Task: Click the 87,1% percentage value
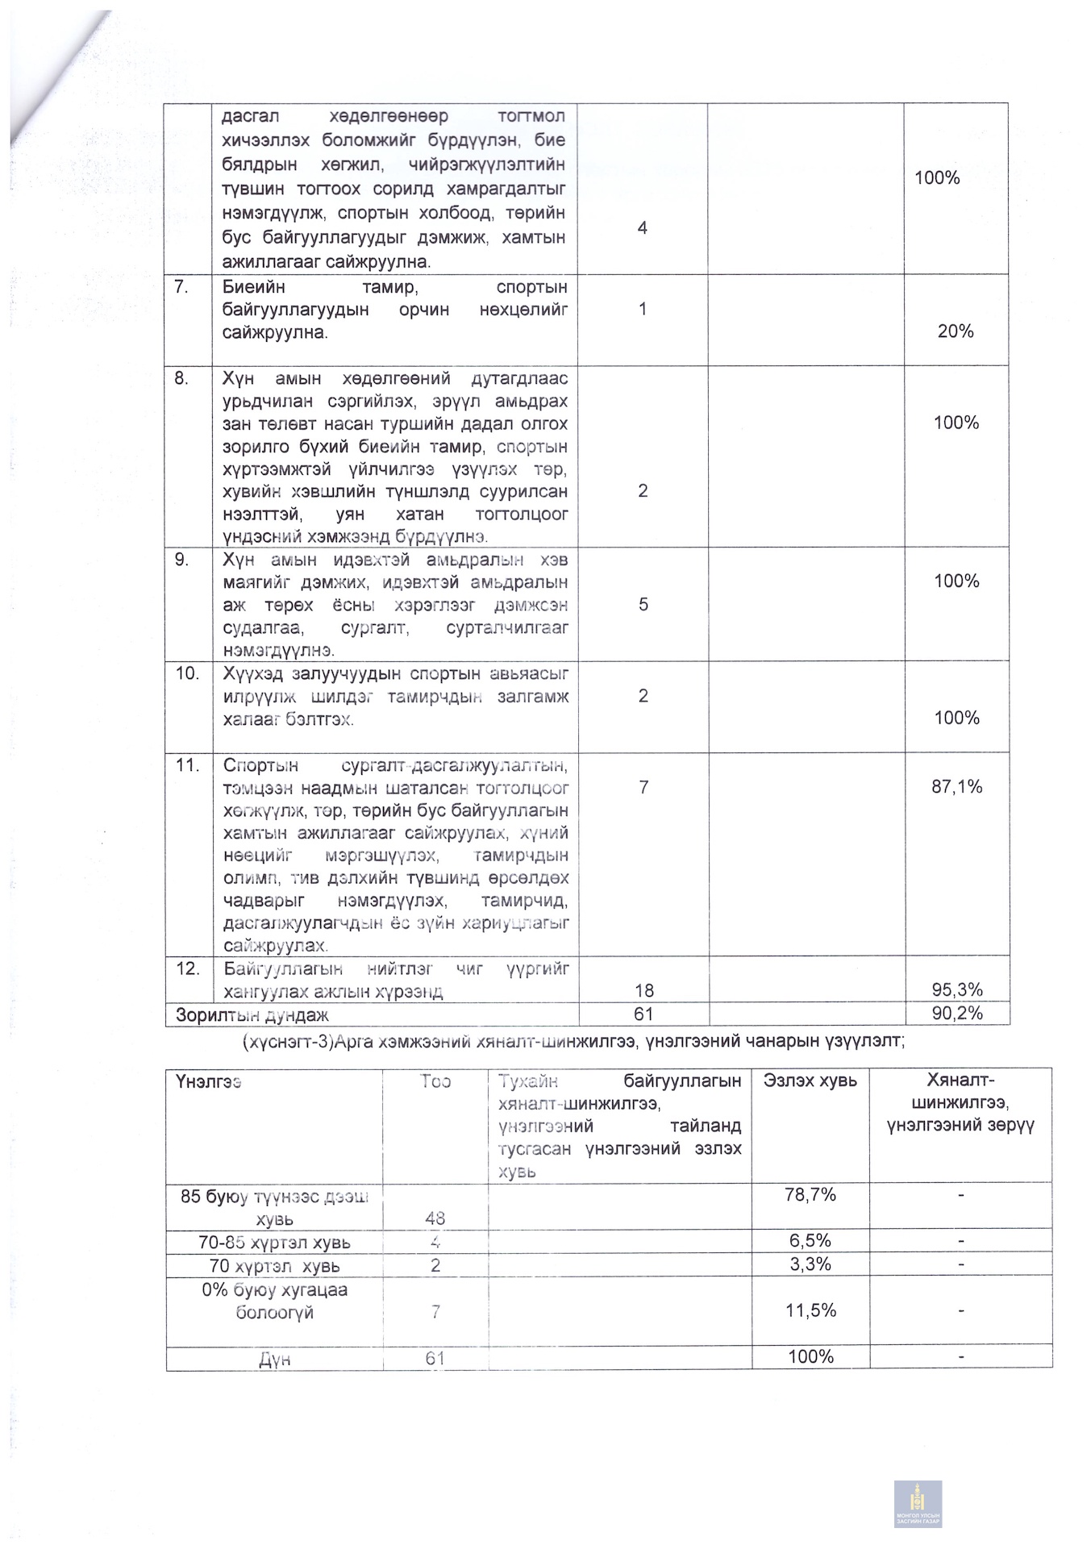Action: (x=956, y=787)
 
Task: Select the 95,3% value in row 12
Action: (x=957, y=990)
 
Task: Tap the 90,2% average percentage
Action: (x=957, y=1014)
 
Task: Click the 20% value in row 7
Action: (x=956, y=331)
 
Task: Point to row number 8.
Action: (x=181, y=378)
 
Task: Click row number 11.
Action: (x=187, y=764)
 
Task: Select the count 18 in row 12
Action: (x=643, y=991)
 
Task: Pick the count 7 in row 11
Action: (x=643, y=787)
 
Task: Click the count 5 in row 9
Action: (x=643, y=605)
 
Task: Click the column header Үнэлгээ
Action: (x=208, y=1081)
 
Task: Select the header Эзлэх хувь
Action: (x=810, y=1081)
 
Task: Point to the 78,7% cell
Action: (x=810, y=1195)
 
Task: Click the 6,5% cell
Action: (x=810, y=1241)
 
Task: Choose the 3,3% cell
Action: (x=810, y=1264)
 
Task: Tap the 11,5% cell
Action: (x=810, y=1310)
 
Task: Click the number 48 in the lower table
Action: (x=435, y=1218)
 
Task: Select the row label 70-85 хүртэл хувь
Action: (x=274, y=1243)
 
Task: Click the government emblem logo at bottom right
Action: (x=918, y=1503)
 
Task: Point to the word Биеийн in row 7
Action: (x=253, y=287)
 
